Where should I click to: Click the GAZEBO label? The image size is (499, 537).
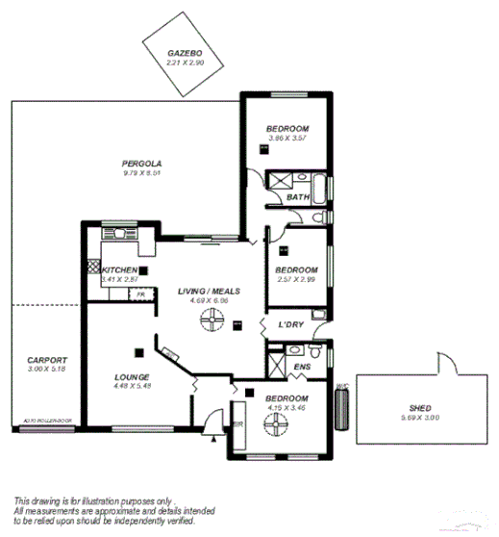click(x=182, y=53)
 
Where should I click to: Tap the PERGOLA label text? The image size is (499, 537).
click(x=141, y=164)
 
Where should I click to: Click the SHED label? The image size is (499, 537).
click(x=419, y=408)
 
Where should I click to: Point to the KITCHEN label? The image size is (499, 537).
click(x=119, y=270)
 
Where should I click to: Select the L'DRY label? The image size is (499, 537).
click(x=291, y=324)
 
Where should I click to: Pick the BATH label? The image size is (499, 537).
click(x=298, y=198)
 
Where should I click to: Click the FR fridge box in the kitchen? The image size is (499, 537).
click(x=140, y=295)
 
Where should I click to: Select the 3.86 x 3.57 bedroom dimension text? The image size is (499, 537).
click(x=287, y=139)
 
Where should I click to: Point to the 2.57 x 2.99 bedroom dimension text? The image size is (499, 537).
click(x=295, y=279)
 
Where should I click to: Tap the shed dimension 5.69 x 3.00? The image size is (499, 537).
click(x=419, y=419)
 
